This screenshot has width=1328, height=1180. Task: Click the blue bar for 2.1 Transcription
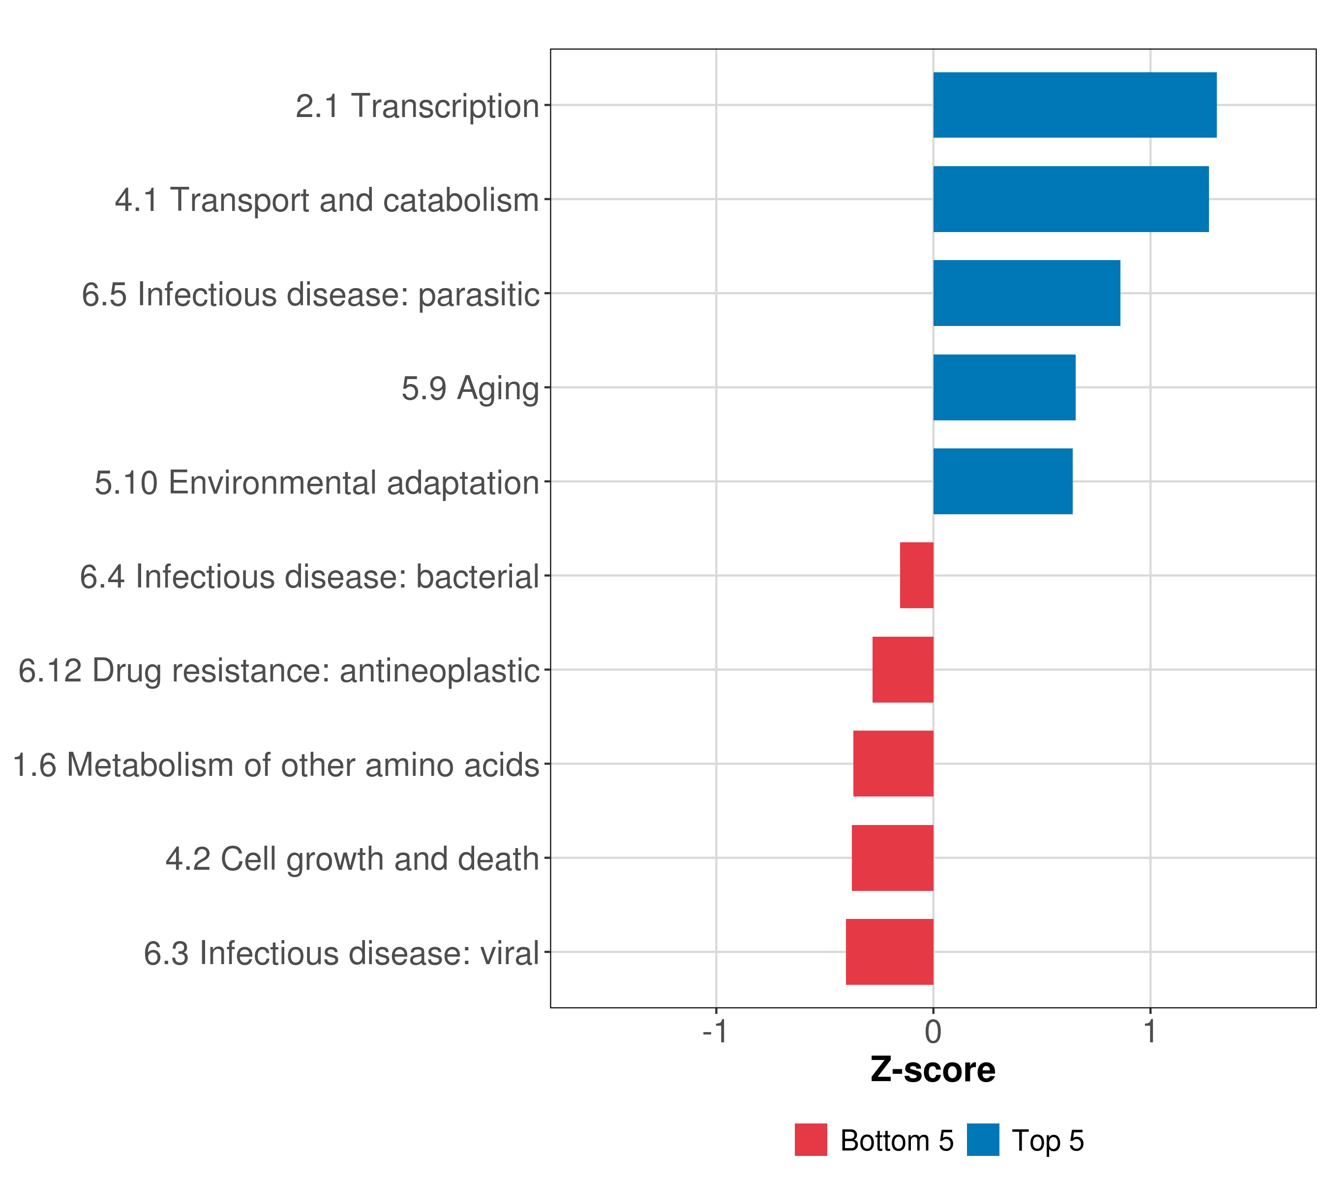click(x=1075, y=105)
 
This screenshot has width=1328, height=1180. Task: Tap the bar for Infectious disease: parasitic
click(x=1026, y=293)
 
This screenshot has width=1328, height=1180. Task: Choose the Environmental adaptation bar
click(x=1002, y=481)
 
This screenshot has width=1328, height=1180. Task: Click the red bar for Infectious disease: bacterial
click(x=917, y=575)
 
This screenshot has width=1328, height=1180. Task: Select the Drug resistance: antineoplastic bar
click(x=903, y=670)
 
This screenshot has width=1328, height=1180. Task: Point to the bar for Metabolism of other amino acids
click(x=893, y=764)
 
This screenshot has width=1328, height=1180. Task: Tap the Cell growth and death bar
click(x=893, y=858)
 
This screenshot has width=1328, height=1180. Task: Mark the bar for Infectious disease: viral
click(x=889, y=952)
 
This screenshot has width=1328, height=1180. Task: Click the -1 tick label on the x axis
click(x=715, y=1032)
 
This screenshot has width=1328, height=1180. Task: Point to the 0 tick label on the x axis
click(x=933, y=1032)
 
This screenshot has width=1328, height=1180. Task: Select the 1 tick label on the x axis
click(x=1150, y=1032)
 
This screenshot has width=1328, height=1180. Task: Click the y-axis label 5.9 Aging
click(x=470, y=388)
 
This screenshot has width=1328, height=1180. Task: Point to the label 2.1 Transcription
click(x=417, y=106)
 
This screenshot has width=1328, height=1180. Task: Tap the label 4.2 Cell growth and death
click(x=353, y=859)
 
